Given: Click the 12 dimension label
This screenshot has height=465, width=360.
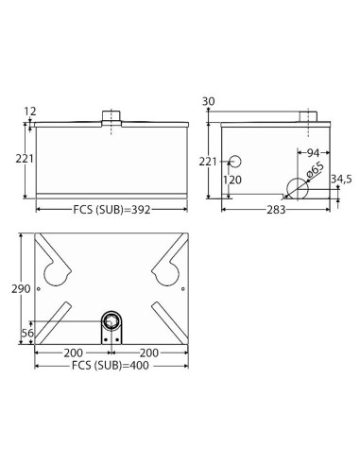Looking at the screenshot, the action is tap(30, 112).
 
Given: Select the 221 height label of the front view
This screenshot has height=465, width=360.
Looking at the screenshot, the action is tap(25, 159).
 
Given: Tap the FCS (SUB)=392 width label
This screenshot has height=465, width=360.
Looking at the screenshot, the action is tap(111, 210).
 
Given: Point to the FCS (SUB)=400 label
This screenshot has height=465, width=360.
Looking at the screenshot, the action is tap(111, 366).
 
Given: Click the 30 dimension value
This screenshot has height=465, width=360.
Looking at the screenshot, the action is tap(208, 101).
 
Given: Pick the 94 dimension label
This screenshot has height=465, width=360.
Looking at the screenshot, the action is tap(313, 153).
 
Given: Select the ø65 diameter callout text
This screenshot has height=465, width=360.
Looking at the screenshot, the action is tap(315, 171).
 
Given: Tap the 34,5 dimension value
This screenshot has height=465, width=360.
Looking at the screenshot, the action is tap(341, 180).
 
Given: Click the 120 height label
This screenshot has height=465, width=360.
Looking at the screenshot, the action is tap(232, 180).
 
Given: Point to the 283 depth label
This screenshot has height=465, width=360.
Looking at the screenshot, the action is tap(276, 210).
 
